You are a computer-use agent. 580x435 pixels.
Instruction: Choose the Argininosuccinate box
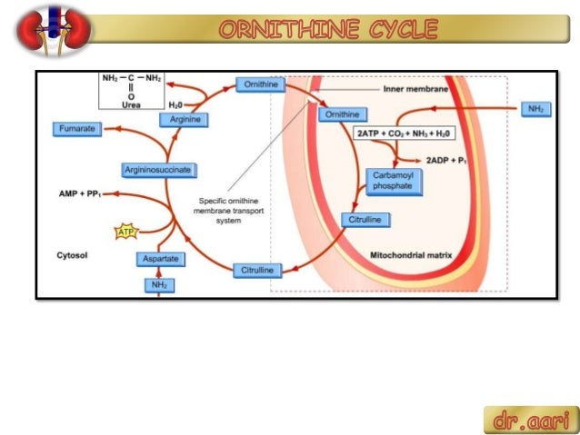[161, 170]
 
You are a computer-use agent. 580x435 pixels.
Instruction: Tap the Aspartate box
[160, 260]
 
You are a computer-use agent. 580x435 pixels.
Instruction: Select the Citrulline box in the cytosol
[256, 271]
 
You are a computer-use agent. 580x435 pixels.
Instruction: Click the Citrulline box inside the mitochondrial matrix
[366, 220]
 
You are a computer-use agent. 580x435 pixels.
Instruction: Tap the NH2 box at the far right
[535, 109]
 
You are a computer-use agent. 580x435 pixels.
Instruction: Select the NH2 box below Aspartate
[159, 285]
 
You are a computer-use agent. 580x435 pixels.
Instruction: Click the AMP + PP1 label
[80, 193]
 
